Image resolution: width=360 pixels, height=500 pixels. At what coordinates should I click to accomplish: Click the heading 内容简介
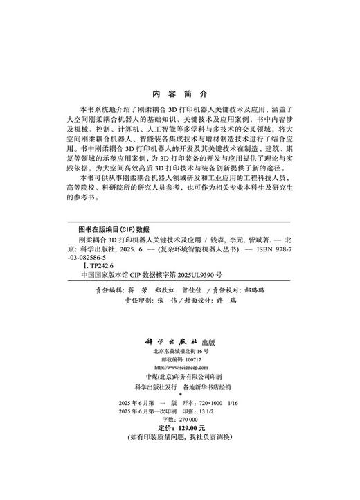coord(179,92)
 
